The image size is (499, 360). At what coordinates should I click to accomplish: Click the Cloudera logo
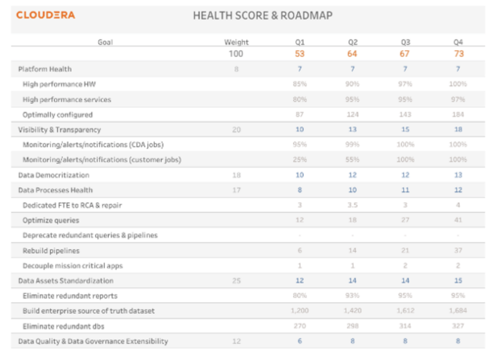coord(46,15)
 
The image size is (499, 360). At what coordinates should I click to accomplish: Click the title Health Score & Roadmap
coord(263,16)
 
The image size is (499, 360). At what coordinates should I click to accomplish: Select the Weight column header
coord(236,42)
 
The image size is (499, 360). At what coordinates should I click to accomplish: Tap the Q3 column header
coord(405,42)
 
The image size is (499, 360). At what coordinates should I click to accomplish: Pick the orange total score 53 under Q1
coord(300,54)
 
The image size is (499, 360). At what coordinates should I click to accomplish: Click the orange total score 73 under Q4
coord(458,54)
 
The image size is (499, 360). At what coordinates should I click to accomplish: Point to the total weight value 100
coord(236,54)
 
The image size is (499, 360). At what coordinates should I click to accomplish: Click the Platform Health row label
coord(45,69)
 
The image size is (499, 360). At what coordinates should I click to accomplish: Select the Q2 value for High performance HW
coord(352,84)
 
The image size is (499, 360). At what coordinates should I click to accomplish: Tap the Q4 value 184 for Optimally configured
coord(458,114)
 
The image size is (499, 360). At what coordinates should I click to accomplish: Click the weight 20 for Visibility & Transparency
coord(236,130)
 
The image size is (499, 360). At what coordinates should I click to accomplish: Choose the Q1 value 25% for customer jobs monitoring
coord(300,160)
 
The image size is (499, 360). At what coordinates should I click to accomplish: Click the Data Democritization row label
coord(54,175)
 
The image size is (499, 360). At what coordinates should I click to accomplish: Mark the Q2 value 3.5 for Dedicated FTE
coord(352,205)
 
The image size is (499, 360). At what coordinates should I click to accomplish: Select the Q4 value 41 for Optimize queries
coord(458,220)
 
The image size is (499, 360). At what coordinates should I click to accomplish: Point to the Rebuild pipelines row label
coord(51,250)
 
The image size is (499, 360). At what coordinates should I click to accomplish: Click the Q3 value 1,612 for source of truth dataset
coord(405,311)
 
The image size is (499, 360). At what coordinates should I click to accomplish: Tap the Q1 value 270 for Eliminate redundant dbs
coord(300,326)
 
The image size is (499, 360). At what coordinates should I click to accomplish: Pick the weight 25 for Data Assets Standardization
coord(236,281)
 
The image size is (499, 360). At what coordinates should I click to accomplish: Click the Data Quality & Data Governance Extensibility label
coord(93,341)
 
